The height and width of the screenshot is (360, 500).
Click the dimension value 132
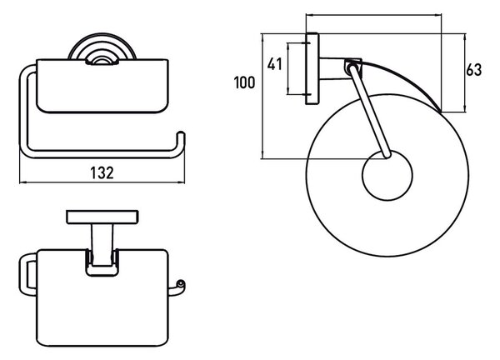tap(102, 172)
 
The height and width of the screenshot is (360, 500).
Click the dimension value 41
tap(274, 64)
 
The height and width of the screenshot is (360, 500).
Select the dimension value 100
tap(244, 82)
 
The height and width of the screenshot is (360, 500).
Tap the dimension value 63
tap(474, 70)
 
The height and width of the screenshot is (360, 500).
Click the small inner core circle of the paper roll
tap(387, 175)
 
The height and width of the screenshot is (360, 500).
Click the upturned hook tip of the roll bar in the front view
tap(181, 134)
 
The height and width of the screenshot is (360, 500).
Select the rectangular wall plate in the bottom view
tap(102, 217)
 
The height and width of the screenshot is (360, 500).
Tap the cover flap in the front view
tap(102, 86)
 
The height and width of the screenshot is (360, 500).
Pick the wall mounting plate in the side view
tap(312, 68)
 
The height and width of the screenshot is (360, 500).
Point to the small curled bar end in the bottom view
tap(180, 285)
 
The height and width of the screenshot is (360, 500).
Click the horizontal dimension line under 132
tap(102, 182)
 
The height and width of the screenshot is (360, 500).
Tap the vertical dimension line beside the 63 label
tap(465, 72)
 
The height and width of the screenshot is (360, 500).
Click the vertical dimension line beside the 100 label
tap(262, 96)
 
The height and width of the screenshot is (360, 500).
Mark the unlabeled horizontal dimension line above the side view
tap(373, 14)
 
